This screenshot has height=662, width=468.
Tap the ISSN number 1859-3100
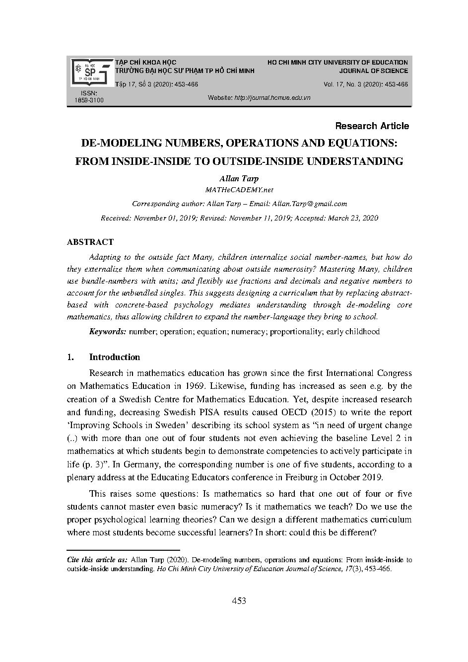(x=89, y=100)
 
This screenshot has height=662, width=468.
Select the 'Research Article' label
(x=372, y=126)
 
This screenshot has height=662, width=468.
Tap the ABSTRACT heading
(x=90, y=242)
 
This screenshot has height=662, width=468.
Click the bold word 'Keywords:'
(x=108, y=332)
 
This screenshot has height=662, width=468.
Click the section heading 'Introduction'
(x=115, y=357)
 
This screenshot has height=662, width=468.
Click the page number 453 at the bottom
(x=239, y=601)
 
